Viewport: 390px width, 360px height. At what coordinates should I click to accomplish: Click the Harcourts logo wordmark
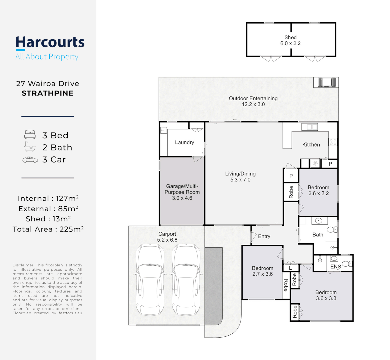tap(50, 43)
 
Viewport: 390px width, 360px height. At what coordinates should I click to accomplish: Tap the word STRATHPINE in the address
tap(48, 93)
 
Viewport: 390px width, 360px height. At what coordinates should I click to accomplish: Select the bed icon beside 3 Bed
tap(30, 134)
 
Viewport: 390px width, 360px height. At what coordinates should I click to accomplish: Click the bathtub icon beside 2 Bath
tap(30, 147)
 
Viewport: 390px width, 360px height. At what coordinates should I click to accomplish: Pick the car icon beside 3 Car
tap(30, 160)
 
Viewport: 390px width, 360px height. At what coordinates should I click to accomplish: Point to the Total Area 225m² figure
tap(48, 229)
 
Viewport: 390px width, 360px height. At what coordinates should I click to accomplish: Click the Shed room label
tap(291, 40)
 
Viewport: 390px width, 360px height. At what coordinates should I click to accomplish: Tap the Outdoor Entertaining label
tap(253, 101)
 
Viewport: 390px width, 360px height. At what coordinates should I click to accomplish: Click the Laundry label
tap(185, 142)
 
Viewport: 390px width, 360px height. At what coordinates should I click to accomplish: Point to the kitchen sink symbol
tap(310, 127)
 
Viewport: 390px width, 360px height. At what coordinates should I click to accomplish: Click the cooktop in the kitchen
tap(333, 142)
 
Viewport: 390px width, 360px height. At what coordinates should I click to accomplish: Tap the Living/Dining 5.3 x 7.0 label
tap(240, 177)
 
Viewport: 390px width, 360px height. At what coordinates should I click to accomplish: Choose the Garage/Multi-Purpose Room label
tap(182, 192)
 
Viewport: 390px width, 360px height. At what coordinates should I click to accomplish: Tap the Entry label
tap(264, 236)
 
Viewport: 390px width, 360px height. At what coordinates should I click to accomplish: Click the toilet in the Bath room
tap(332, 229)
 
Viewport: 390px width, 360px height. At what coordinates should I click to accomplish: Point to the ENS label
tap(336, 266)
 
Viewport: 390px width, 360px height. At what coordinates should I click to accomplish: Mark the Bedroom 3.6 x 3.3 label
tap(326, 295)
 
